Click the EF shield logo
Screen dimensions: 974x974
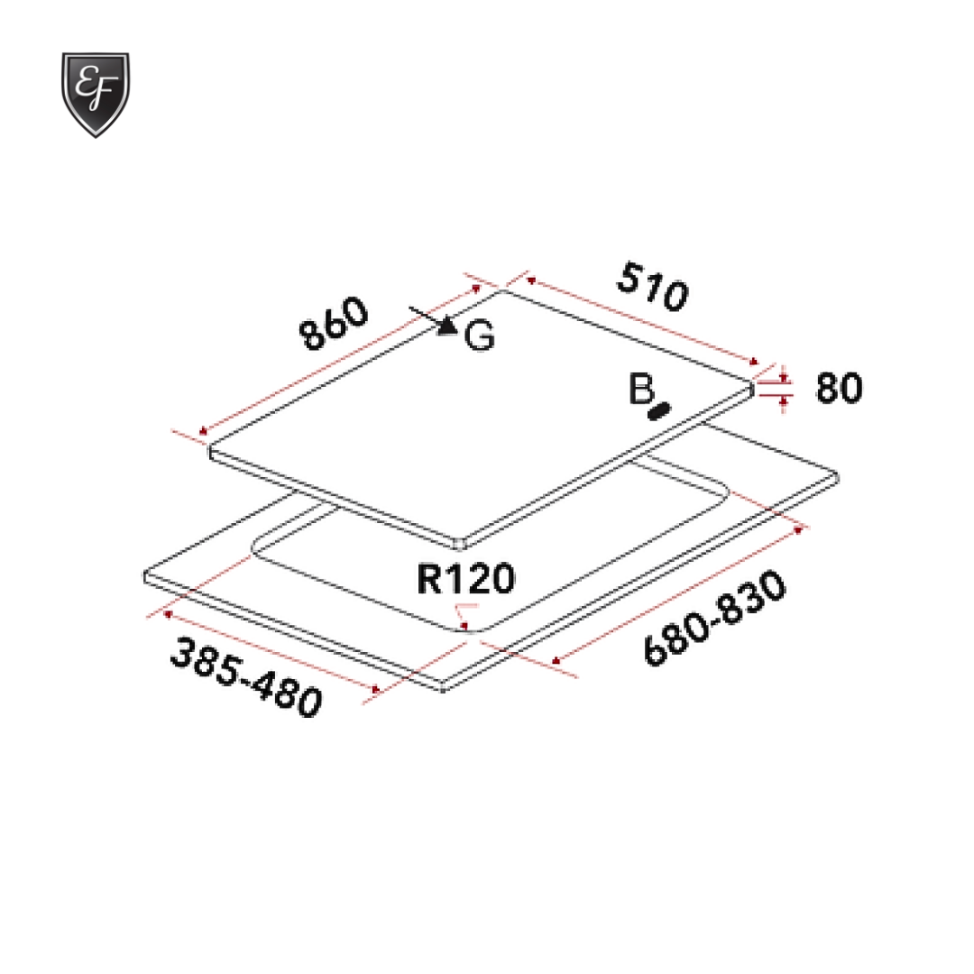[95, 94]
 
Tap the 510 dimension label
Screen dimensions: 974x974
[653, 287]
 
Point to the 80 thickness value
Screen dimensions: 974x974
[839, 388]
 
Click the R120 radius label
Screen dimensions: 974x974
[465, 580]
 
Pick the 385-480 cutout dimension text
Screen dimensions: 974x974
[245, 676]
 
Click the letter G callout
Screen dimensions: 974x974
[480, 336]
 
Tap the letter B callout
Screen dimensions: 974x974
[640, 390]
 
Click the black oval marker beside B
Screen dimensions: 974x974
[660, 411]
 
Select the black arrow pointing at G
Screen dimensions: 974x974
[435, 321]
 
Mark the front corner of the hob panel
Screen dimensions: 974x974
[463, 543]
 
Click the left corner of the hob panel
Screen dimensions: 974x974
[210, 451]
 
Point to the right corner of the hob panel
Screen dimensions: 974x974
[752, 386]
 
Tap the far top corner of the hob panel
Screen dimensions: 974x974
[501, 289]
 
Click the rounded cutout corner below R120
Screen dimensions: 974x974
[467, 629]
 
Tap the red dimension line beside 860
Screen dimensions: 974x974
[338, 362]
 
